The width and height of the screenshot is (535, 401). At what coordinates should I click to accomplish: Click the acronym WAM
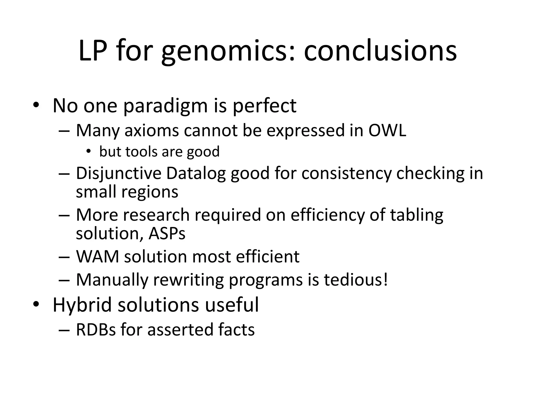(97, 256)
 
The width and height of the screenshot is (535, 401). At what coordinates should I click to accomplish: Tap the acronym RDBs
(96, 329)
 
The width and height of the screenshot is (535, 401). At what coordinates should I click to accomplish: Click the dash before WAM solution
(64, 257)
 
